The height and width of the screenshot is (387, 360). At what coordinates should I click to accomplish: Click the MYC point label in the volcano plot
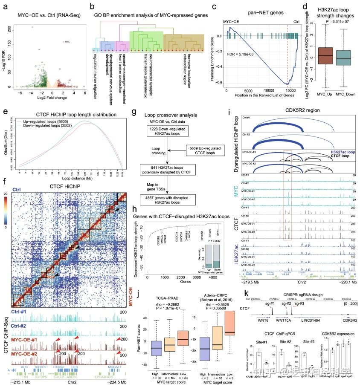67,41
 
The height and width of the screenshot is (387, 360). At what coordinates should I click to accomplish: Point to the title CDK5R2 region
292,110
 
